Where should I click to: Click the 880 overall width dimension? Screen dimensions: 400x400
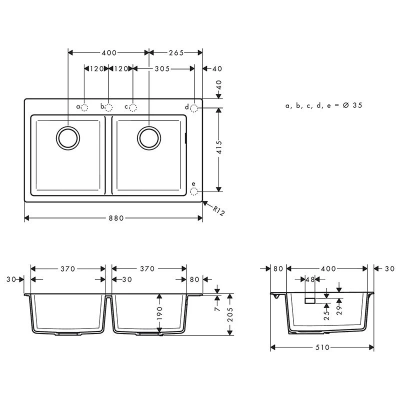click(x=114, y=218)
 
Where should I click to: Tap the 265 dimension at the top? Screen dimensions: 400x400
click(x=176, y=52)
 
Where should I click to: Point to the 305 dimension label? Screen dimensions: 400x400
click(x=162, y=68)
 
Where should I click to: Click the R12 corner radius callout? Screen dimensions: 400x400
click(x=219, y=211)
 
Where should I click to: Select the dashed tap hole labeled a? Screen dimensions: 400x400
click(x=84, y=107)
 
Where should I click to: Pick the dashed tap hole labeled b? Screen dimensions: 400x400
click(x=108, y=107)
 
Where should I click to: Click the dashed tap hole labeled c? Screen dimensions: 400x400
click(x=132, y=107)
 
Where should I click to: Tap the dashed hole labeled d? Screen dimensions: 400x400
click(x=195, y=107)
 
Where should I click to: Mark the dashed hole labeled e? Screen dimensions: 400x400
click(x=195, y=190)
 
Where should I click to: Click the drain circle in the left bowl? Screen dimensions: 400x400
click(x=68, y=137)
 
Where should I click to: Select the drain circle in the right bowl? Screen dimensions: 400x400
click(x=148, y=137)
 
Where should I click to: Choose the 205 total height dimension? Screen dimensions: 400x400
click(x=229, y=314)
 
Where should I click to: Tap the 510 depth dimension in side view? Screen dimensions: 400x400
click(x=323, y=347)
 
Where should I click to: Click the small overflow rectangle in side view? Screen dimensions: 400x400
click(x=310, y=300)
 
